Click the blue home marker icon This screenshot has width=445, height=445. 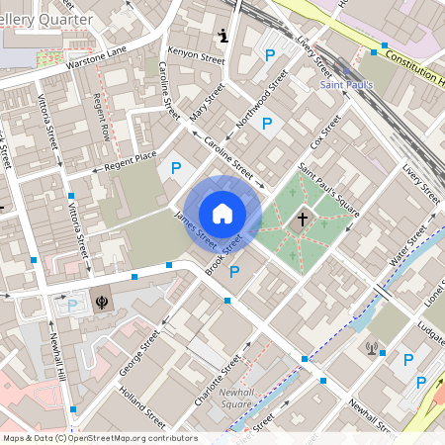click(222, 213)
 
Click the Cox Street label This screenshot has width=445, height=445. click(325, 131)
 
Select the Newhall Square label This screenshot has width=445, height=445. click(236, 399)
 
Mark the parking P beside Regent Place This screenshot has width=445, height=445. click(176, 169)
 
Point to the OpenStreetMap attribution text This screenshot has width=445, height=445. click(99, 438)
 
